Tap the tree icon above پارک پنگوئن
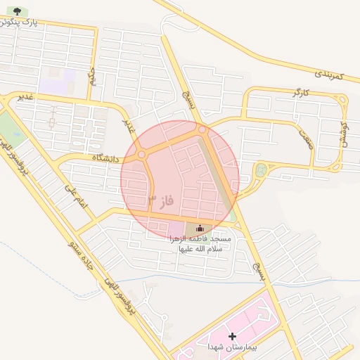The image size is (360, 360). point(18,11)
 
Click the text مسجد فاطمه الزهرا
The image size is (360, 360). point(199,240)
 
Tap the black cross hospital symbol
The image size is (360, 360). point(232,336)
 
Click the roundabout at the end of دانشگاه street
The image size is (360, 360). point(141,154)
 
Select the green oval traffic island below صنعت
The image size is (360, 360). point(262,169)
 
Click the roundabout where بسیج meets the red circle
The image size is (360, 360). point(202,129)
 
